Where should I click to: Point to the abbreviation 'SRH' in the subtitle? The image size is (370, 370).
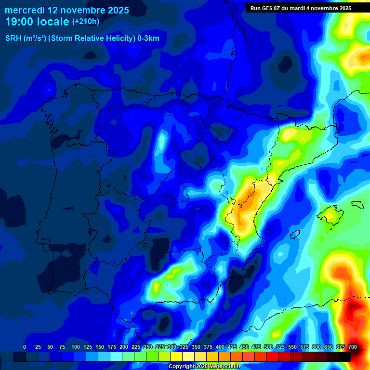[x=13, y=39]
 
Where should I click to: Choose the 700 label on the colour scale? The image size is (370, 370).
[x=352, y=347]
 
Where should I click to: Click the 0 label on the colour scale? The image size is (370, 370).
[x=24, y=347]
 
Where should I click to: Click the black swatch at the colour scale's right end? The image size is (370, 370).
[x=344, y=357]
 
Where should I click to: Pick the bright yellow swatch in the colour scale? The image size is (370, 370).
[x=176, y=357]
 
